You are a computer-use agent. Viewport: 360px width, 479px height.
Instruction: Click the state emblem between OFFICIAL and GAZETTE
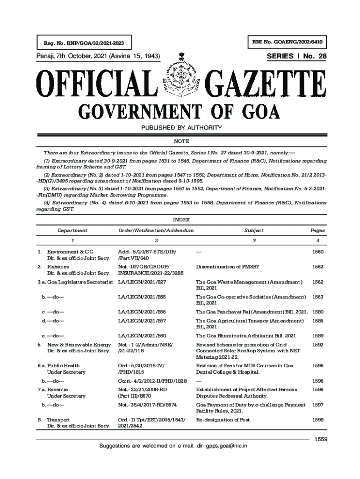click(180, 80)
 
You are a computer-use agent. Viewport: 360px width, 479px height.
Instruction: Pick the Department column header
click(72, 231)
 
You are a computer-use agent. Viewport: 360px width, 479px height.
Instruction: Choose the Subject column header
click(253, 231)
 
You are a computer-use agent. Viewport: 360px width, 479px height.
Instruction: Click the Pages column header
click(317, 231)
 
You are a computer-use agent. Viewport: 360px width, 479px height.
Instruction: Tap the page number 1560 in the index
click(317, 252)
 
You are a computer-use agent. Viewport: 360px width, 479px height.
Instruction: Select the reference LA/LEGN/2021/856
click(142, 312)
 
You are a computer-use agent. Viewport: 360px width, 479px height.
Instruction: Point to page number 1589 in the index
click(317, 336)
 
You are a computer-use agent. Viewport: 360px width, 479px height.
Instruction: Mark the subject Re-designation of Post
click(223, 420)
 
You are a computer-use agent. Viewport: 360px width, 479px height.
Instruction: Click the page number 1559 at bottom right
click(320, 439)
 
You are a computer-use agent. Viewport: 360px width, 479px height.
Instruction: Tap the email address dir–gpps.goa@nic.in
click(222, 446)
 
